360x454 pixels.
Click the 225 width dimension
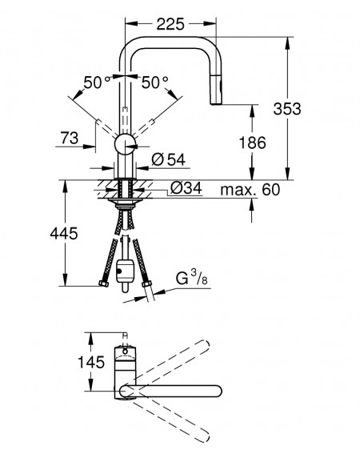coord(170,24)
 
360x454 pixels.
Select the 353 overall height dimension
coord(287,109)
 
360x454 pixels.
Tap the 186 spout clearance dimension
coord(252,143)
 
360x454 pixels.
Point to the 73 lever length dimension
coord(70,138)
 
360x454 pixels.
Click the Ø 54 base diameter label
coord(169,159)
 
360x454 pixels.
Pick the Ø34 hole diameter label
coord(186,188)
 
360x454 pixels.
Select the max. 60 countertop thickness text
coord(250,190)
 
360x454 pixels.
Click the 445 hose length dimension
coord(64,233)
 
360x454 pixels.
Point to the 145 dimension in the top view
coord(91,362)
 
